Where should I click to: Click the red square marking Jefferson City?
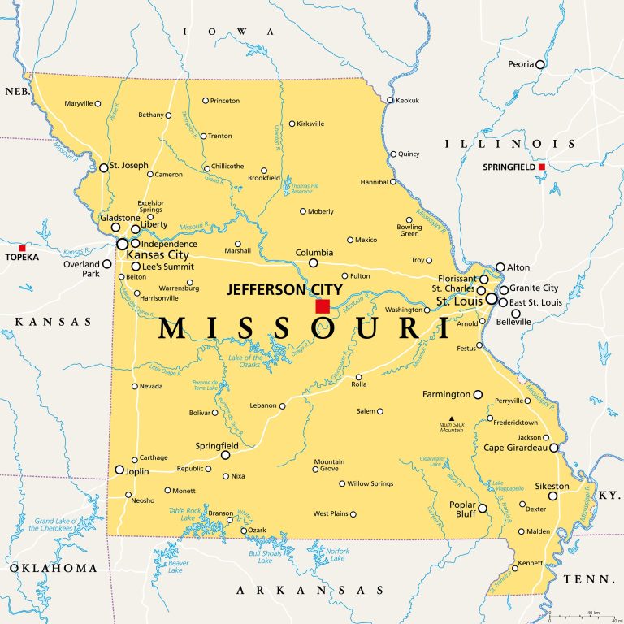point(323,306)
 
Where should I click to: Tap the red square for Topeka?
point(23,248)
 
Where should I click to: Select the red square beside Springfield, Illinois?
point(542,167)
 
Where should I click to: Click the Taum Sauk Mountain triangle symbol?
point(452,419)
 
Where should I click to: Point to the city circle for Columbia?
point(314,262)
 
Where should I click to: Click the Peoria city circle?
point(539,64)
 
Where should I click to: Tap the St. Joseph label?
point(128,167)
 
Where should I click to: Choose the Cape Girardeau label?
point(515,447)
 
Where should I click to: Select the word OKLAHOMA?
point(50,567)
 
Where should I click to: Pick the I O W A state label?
point(229,32)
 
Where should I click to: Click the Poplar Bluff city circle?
point(482,509)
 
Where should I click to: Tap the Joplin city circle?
point(119,470)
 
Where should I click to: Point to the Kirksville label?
point(311,123)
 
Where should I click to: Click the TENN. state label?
point(588,578)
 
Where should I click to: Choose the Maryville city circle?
point(98,103)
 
